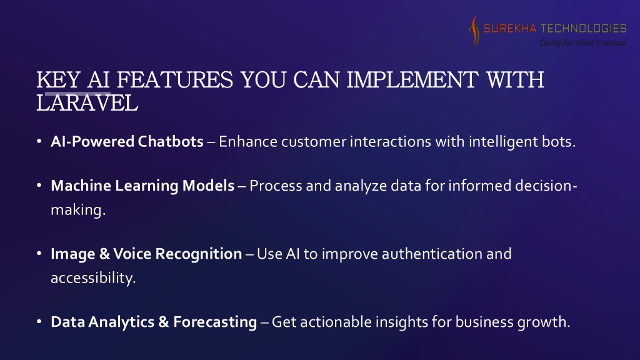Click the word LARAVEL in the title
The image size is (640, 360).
(87, 103)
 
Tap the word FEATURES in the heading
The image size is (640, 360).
(175, 79)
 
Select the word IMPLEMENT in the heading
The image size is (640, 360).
(412, 79)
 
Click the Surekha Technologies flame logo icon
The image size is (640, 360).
(474, 32)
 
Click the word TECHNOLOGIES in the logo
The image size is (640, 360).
(583, 28)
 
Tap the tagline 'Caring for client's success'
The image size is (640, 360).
(582, 42)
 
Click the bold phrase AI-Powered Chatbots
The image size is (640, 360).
(127, 142)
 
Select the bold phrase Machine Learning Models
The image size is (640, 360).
(142, 186)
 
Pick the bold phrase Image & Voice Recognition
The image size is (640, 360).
(146, 254)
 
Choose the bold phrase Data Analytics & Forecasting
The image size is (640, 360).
(154, 322)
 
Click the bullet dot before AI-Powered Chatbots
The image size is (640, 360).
(39, 142)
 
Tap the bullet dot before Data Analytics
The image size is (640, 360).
(39, 322)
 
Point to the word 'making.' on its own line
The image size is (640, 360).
(78, 210)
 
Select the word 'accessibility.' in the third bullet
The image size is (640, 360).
(93, 278)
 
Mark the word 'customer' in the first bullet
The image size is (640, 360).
(314, 142)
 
